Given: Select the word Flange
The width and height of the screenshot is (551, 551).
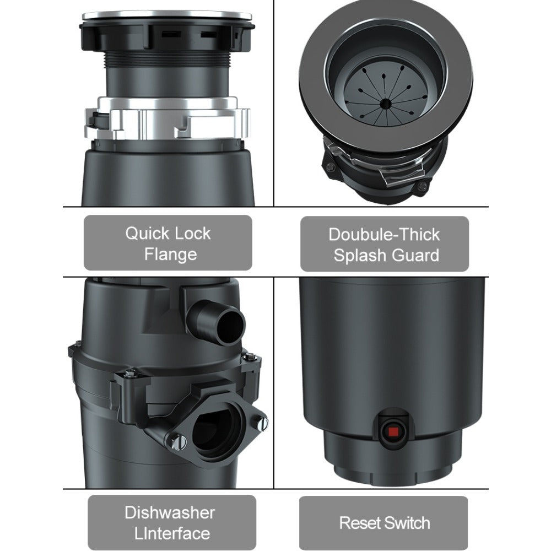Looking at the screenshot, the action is (170, 254).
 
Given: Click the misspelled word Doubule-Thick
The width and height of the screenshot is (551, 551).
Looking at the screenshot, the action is (384, 235).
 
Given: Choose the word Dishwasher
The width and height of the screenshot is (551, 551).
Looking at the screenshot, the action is (170, 512).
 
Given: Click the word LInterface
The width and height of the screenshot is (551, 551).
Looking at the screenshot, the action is (172, 533).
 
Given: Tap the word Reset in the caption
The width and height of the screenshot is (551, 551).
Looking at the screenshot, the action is (360, 523).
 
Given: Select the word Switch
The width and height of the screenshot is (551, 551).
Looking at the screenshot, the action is (408, 523).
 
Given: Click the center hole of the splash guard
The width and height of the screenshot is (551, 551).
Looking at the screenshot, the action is (386, 102).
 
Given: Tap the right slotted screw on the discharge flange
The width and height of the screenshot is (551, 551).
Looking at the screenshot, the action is (262, 423).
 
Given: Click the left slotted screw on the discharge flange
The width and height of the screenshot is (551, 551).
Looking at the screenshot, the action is (180, 441).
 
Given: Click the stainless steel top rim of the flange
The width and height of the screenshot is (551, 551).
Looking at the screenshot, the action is (168, 16).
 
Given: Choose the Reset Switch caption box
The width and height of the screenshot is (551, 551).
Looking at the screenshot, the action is (383, 523).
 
